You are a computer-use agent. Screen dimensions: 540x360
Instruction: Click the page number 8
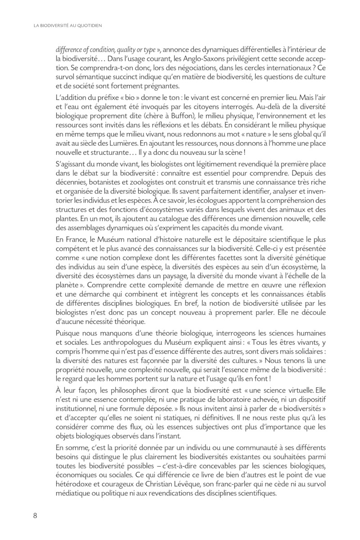34,515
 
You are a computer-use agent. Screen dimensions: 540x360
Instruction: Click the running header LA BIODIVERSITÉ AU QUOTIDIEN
68,26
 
